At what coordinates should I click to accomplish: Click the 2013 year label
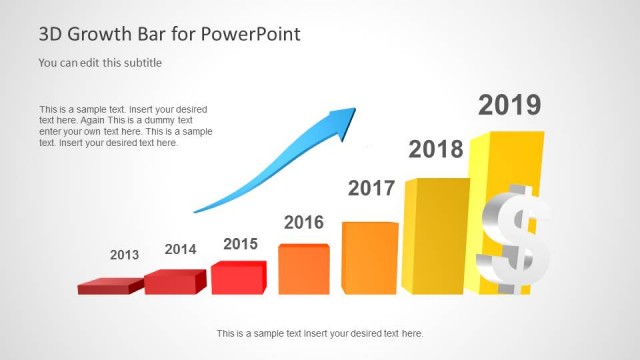[x=124, y=255]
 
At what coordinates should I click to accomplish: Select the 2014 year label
[x=180, y=249]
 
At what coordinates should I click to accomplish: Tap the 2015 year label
[x=240, y=244]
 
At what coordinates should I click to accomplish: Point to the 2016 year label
[x=304, y=222]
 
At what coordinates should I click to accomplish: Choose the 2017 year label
[x=371, y=188]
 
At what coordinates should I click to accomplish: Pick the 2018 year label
[x=436, y=150]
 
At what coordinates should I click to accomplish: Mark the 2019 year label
[x=509, y=105]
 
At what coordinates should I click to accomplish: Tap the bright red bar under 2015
[x=238, y=278]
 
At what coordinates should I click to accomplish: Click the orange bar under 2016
[x=303, y=269]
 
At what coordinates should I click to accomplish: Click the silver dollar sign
[x=513, y=240]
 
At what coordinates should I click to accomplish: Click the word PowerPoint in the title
[x=251, y=35]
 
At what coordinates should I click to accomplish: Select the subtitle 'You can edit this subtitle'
[x=100, y=63]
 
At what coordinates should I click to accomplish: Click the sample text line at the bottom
[x=319, y=333]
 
